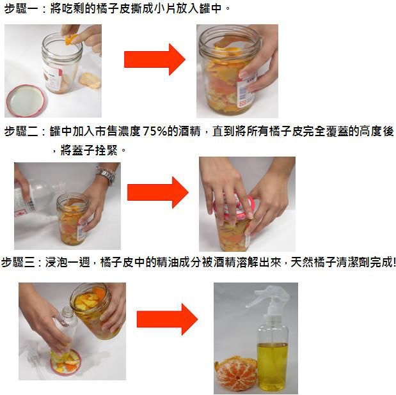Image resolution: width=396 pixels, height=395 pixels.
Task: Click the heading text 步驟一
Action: (x=21, y=8)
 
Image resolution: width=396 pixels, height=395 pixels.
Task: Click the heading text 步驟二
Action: (x=21, y=132)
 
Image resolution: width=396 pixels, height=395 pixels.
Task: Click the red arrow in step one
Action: (x=155, y=59)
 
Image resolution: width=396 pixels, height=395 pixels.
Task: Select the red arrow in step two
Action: (x=158, y=192)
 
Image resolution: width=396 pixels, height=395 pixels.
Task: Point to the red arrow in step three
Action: (x=167, y=320)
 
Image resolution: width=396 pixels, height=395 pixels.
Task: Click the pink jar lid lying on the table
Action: (x=26, y=100)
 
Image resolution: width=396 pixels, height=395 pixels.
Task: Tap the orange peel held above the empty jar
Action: (x=70, y=40)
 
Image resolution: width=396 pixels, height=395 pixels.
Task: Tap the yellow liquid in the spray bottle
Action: (x=272, y=366)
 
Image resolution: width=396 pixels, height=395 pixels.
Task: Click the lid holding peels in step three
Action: (x=66, y=363)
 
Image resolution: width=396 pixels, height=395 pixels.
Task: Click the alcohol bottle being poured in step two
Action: (x=35, y=199)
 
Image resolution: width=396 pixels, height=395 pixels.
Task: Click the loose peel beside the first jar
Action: (x=90, y=81)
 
